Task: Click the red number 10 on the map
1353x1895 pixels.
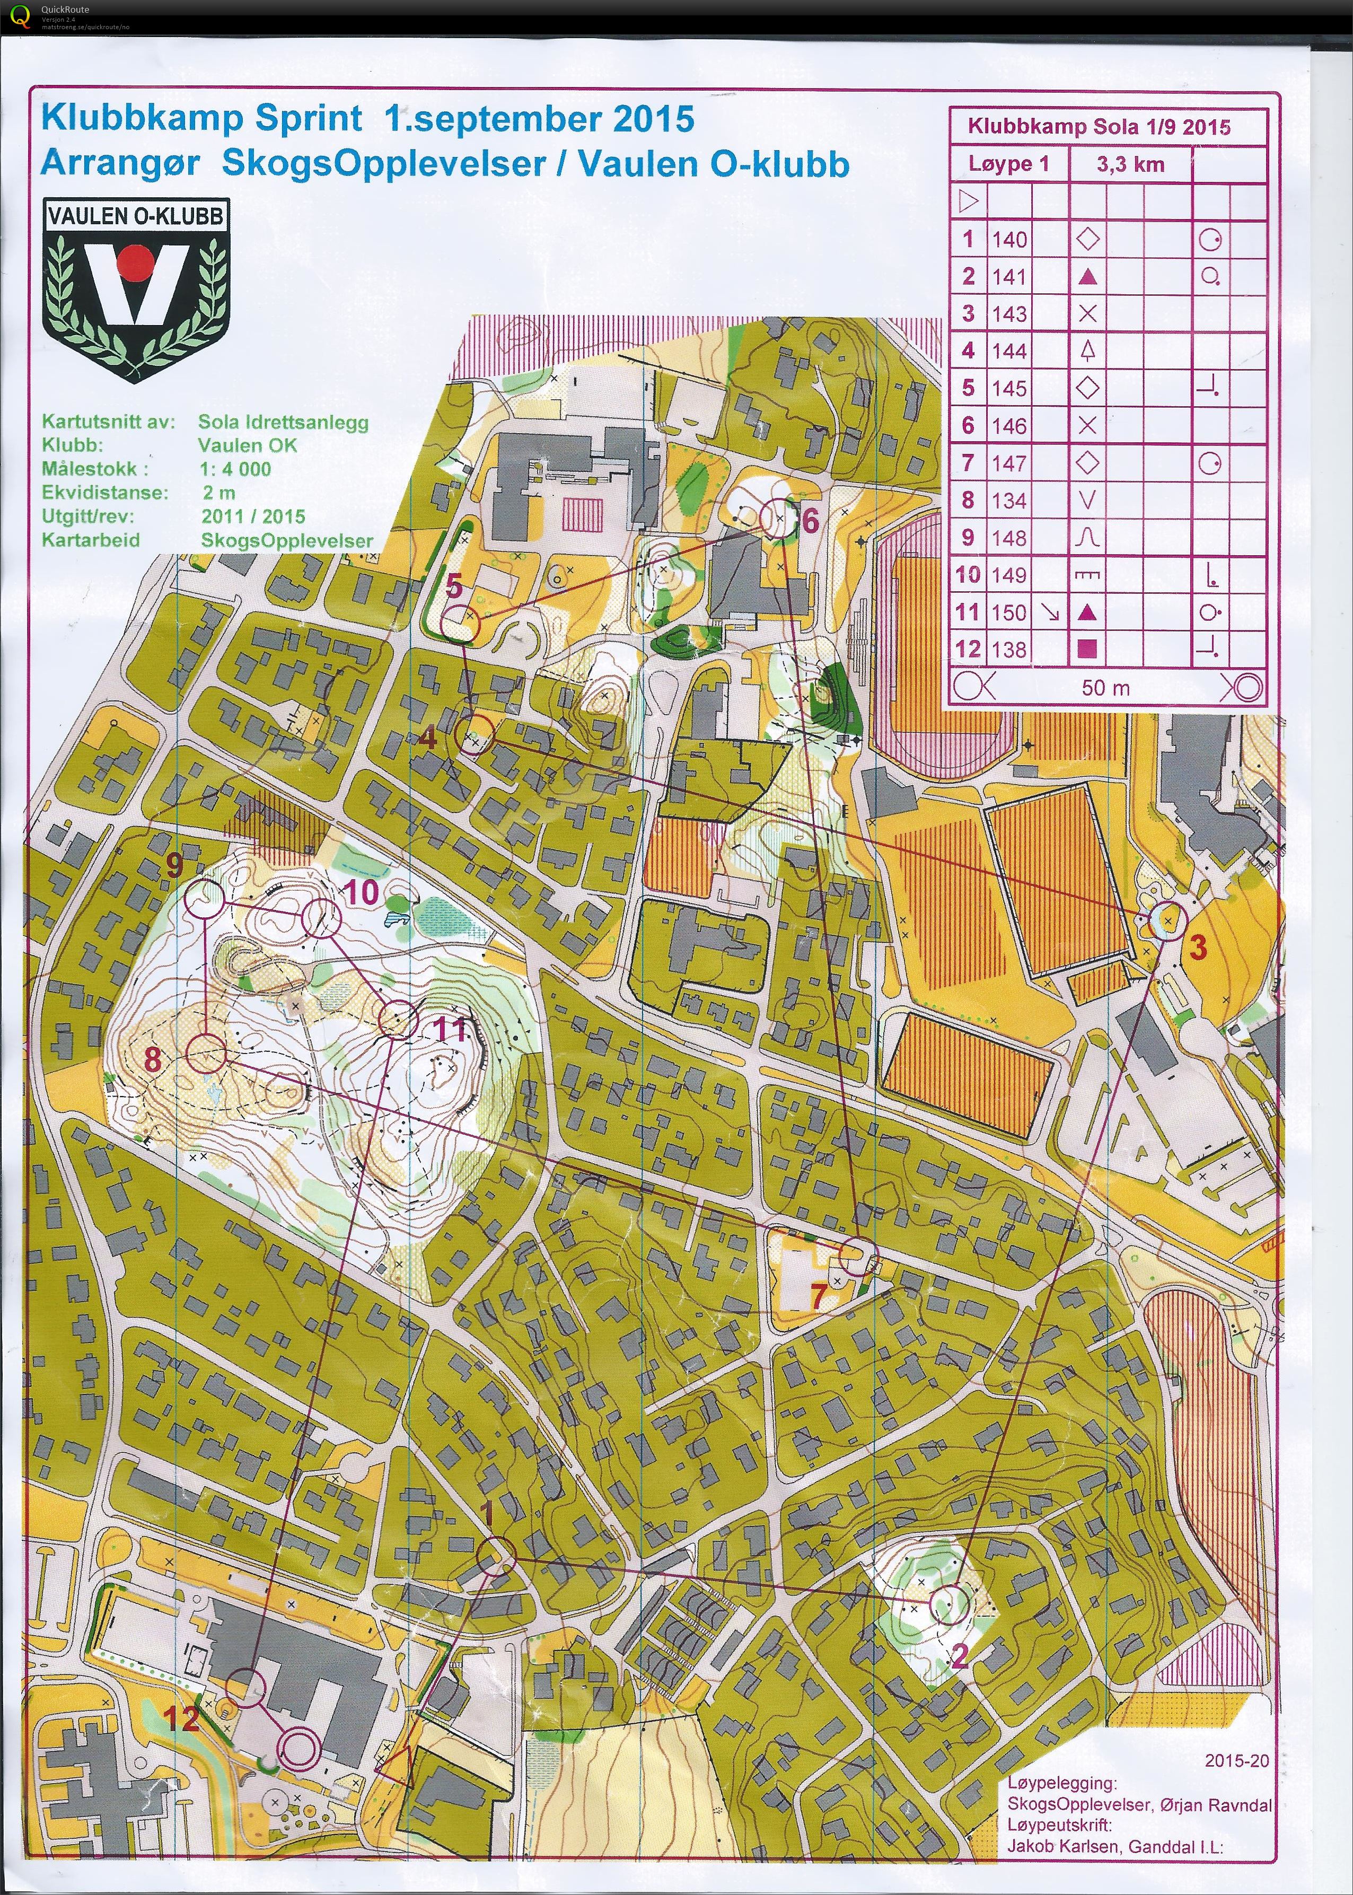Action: click(361, 892)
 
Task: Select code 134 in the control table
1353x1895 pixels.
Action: click(1009, 500)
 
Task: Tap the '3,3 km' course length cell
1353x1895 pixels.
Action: click(1130, 164)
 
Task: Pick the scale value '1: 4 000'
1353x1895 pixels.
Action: click(236, 469)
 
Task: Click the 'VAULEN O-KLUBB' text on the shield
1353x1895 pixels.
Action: click(136, 216)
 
